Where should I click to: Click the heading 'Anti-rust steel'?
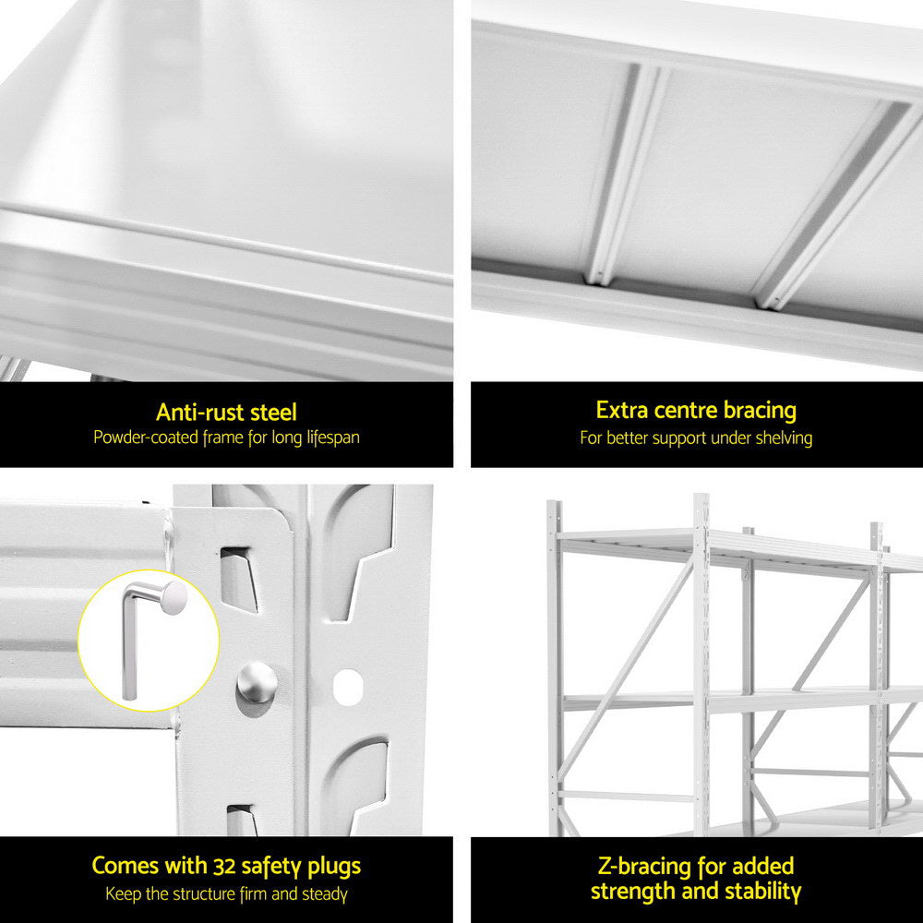tap(226, 412)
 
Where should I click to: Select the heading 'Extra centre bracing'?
tap(696, 410)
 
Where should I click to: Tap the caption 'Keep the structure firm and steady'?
tap(226, 893)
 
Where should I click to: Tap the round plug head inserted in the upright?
tap(256, 684)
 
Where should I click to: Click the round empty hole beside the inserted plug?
tap(348, 685)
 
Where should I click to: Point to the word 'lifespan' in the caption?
tap(328, 437)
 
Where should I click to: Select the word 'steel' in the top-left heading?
tap(272, 412)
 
